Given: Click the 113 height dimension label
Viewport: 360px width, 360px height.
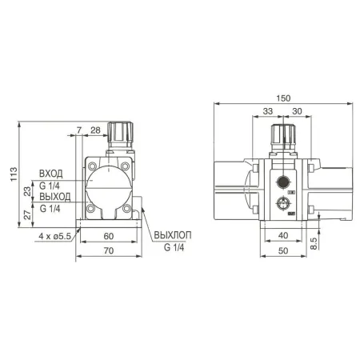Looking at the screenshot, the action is coord(14,174).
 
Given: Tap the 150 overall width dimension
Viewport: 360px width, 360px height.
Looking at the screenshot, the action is coord(283,98).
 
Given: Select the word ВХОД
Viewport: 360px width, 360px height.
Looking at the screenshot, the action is coord(51,174).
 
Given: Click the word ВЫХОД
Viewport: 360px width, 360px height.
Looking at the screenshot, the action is coord(55,197).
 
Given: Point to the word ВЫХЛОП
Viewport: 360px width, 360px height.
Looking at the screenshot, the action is coord(173,235).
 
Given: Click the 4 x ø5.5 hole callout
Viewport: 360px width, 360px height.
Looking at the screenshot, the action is coord(55,236).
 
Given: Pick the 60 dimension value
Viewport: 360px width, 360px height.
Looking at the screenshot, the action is coord(109,236).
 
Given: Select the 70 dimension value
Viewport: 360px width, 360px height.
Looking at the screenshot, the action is coord(109,250).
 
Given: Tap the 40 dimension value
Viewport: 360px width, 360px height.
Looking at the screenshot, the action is coord(283,235).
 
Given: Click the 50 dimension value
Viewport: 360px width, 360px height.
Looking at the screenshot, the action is coord(283,250).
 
